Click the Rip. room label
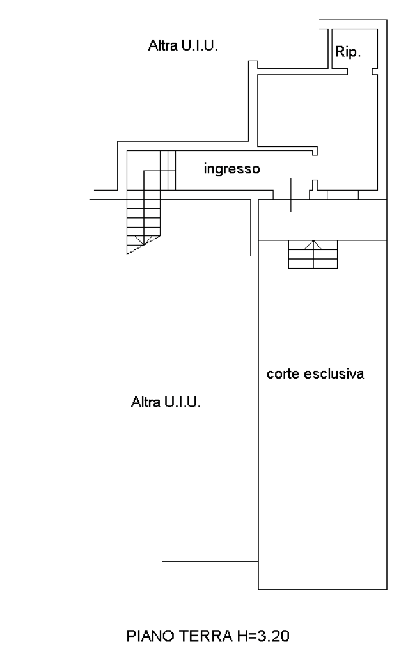[x=348, y=52]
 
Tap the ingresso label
[x=231, y=169]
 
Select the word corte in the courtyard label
[x=283, y=374]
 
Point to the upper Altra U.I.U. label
[x=183, y=45]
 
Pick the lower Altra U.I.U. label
[x=166, y=402]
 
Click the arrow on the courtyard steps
[x=313, y=244]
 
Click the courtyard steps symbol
[x=313, y=255]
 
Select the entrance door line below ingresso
[x=292, y=195]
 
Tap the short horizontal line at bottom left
[x=209, y=561]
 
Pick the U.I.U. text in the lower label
[x=182, y=402]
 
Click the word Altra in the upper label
[x=160, y=45]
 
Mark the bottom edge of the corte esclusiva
[x=322, y=589]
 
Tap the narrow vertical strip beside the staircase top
[x=167, y=169]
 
